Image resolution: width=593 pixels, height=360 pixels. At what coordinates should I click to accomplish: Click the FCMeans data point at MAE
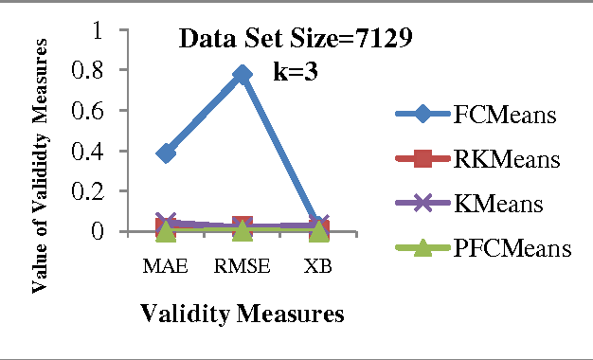coord(166,153)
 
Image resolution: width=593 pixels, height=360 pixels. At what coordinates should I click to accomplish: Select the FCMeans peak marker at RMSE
coord(243,74)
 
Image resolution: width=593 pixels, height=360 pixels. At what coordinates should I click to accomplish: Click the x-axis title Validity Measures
coord(242,313)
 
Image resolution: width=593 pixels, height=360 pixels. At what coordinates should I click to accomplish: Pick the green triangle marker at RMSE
coord(243,229)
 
